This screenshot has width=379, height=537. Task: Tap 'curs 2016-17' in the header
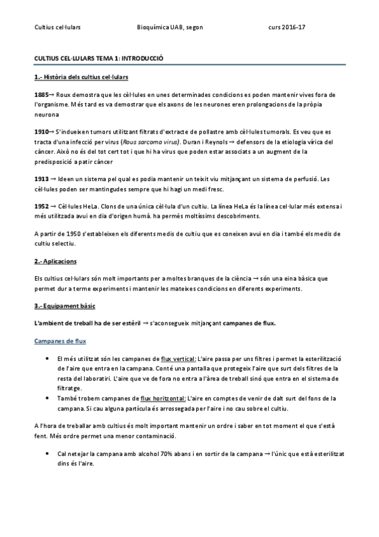287,28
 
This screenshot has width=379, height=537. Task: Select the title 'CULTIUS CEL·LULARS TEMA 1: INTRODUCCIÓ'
99,58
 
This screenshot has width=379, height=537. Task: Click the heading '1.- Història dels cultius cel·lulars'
81,77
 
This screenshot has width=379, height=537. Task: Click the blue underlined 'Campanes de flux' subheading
59,341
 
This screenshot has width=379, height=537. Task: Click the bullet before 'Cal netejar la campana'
49,455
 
